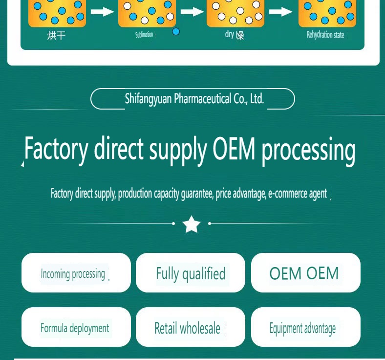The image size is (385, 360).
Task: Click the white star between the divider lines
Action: pyautogui.click(x=192, y=225)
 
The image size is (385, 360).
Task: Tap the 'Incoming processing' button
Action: pyautogui.click(x=76, y=273)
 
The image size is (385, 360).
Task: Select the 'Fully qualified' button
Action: pyautogui.click(x=191, y=273)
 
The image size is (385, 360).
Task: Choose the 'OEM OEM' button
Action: pyautogui.click(x=305, y=273)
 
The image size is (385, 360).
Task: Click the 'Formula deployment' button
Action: pyautogui.click(x=76, y=328)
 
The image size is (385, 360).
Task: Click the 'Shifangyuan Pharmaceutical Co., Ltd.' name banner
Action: pyautogui.click(x=193, y=99)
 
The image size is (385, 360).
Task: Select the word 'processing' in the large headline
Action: pyautogui.click(x=308, y=150)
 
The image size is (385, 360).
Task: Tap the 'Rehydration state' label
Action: pyautogui.click(x=325, y=35)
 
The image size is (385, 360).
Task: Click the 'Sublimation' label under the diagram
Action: pyautogui.click(x=144, y=35)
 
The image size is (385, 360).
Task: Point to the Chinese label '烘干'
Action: pyautogui.click(x=56, y=35)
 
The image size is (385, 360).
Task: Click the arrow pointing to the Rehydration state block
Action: pyautogui.click(x=281, y=12)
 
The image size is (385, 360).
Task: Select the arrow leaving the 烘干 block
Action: pyautogui.click(x=102, y=12)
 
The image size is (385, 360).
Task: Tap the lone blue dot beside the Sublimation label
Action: pyautogui.click(x=176, y=32)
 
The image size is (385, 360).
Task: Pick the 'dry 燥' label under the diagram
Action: pyautogui.click(x=234, y=35)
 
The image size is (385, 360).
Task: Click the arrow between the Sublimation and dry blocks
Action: pyautogui.click(x=192, y=12)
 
